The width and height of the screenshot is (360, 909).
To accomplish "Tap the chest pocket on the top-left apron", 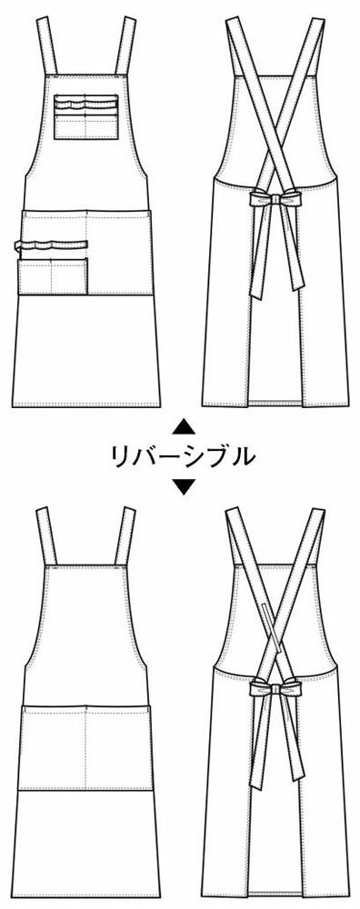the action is click(85, 117).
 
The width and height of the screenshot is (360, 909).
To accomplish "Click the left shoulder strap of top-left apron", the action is click(48, 45).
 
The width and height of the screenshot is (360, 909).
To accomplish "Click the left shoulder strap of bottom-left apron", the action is click(48, 536).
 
